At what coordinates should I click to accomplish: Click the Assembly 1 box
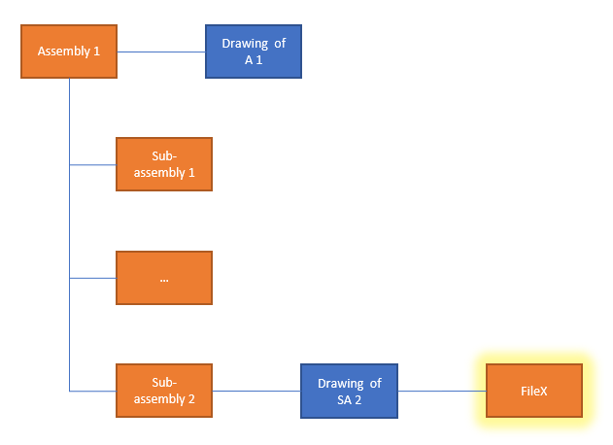point(69,51)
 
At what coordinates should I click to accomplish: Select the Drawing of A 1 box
point(254,51)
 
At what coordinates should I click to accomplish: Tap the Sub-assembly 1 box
point(164,164)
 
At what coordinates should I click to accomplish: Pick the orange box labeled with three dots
point(164,278)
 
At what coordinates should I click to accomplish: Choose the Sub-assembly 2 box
point(164,391)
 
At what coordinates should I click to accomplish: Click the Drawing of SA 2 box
point(349,391)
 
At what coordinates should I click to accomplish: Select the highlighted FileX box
point(533,391)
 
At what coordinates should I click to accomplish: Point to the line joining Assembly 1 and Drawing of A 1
point(161,51)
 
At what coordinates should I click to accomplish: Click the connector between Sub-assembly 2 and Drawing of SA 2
point(256,391)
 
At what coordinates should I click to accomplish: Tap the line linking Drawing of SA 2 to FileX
point(441,391)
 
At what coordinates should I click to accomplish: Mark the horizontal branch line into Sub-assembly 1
point(93,164)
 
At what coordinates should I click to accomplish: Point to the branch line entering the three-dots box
point(93,278)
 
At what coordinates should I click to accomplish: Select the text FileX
point(533,391)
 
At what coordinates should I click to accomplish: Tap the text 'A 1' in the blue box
point(254,60)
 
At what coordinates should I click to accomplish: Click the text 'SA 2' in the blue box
point(349,399)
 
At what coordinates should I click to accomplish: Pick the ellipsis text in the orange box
point(164,279)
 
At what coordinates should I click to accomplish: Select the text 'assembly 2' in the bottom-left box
point(164,399)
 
